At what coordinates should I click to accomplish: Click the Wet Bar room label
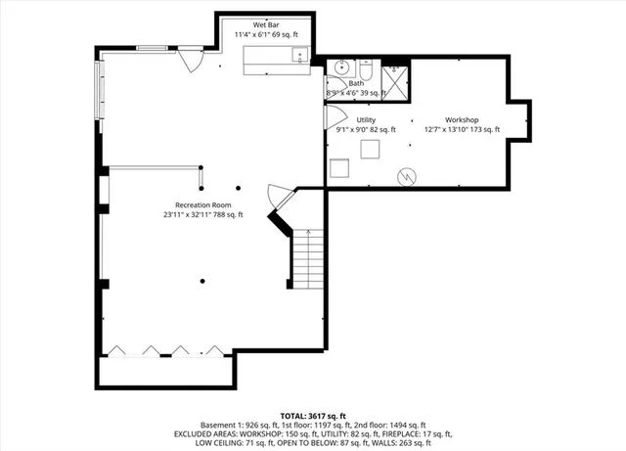click(x=267, y=23)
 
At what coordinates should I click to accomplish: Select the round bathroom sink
click(x=340, y=68)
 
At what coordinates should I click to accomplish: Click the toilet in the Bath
click(x=364, y=69)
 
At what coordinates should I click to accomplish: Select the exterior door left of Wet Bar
click(x=189, y=58)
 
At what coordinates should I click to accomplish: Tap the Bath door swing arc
click(x=331, y=90)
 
